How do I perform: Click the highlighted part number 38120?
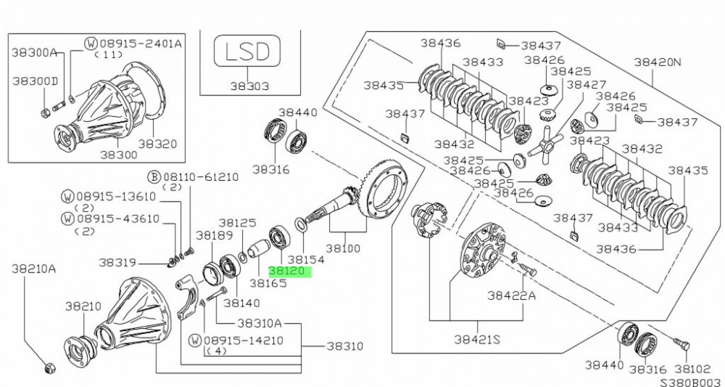pos(289,272)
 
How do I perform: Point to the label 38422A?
pos(511,296)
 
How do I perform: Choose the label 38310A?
pos(259,323)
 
